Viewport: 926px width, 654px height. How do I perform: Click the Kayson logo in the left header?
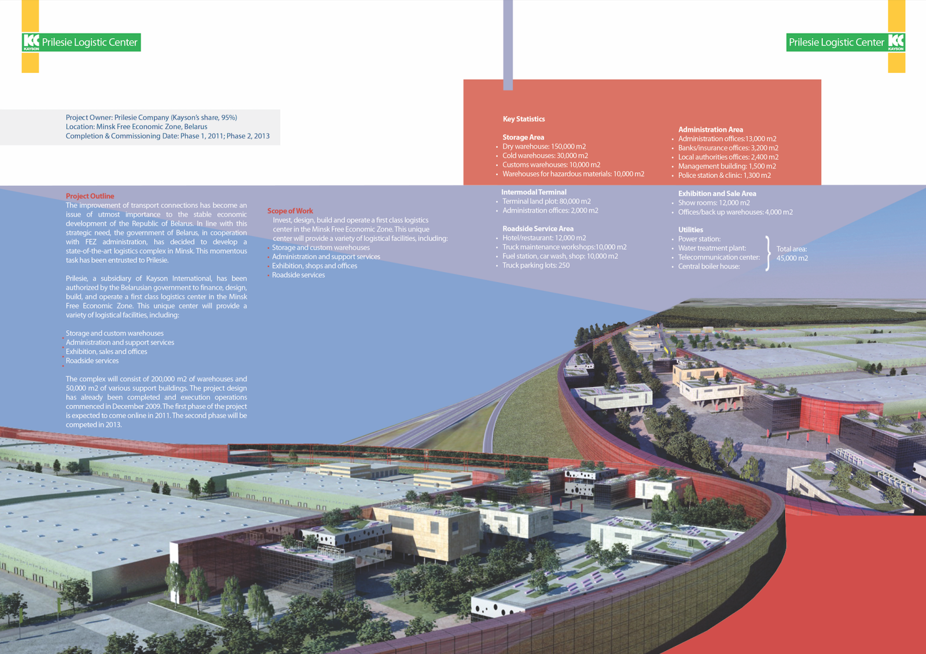click(31, 42)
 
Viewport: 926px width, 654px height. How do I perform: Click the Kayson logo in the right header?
click(896, 42)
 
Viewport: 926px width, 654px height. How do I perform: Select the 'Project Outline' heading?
click(90, 196)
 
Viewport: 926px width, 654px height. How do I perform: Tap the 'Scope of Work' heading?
click(290, 211)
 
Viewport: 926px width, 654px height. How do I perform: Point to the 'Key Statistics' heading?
click(524, 119)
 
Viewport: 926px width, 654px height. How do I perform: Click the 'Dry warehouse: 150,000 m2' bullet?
click(544, 147)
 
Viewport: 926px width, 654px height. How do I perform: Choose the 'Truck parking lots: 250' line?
click(536, 265)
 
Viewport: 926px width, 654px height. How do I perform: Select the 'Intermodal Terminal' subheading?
click(534, 192)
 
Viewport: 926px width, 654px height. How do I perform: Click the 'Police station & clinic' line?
click(724, 175)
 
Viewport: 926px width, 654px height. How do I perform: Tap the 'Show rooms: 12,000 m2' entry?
click(714, 203)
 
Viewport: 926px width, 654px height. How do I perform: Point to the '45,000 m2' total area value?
click(792, 258)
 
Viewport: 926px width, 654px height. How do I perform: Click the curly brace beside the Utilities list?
click(767, 253)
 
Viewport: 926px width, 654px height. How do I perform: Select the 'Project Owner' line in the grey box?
click(151, 118)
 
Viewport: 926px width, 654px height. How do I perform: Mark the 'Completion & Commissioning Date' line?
click(167, 136)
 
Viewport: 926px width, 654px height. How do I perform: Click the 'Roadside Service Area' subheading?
click(538, 229)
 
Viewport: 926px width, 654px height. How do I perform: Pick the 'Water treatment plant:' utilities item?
click(712, 248)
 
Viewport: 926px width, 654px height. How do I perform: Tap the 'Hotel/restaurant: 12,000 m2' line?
click(544, 238)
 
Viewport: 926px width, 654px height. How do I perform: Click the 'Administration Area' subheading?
click(711, 130)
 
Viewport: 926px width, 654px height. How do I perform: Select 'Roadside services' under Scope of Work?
click(299, 275)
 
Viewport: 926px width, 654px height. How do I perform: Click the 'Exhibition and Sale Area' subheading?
click(717, 193)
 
